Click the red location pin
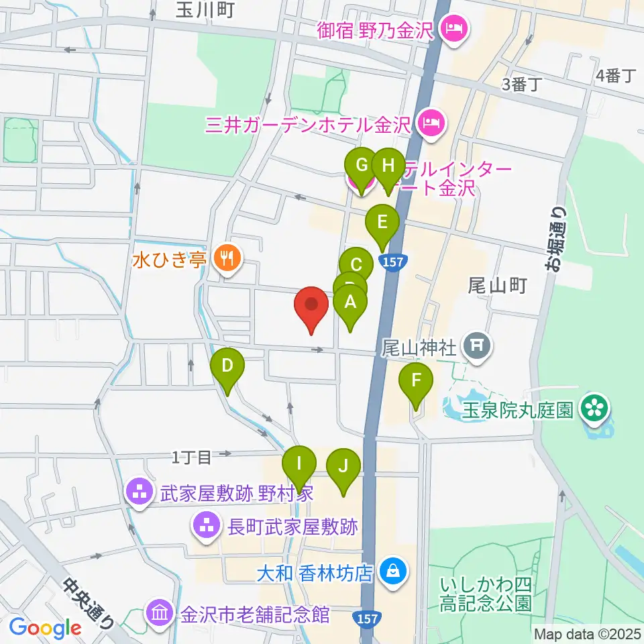point(312,309)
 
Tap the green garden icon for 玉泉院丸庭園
point(594,408)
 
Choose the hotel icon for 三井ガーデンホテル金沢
point(430,123)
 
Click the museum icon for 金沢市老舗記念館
point(160,613)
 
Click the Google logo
point(45,628)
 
